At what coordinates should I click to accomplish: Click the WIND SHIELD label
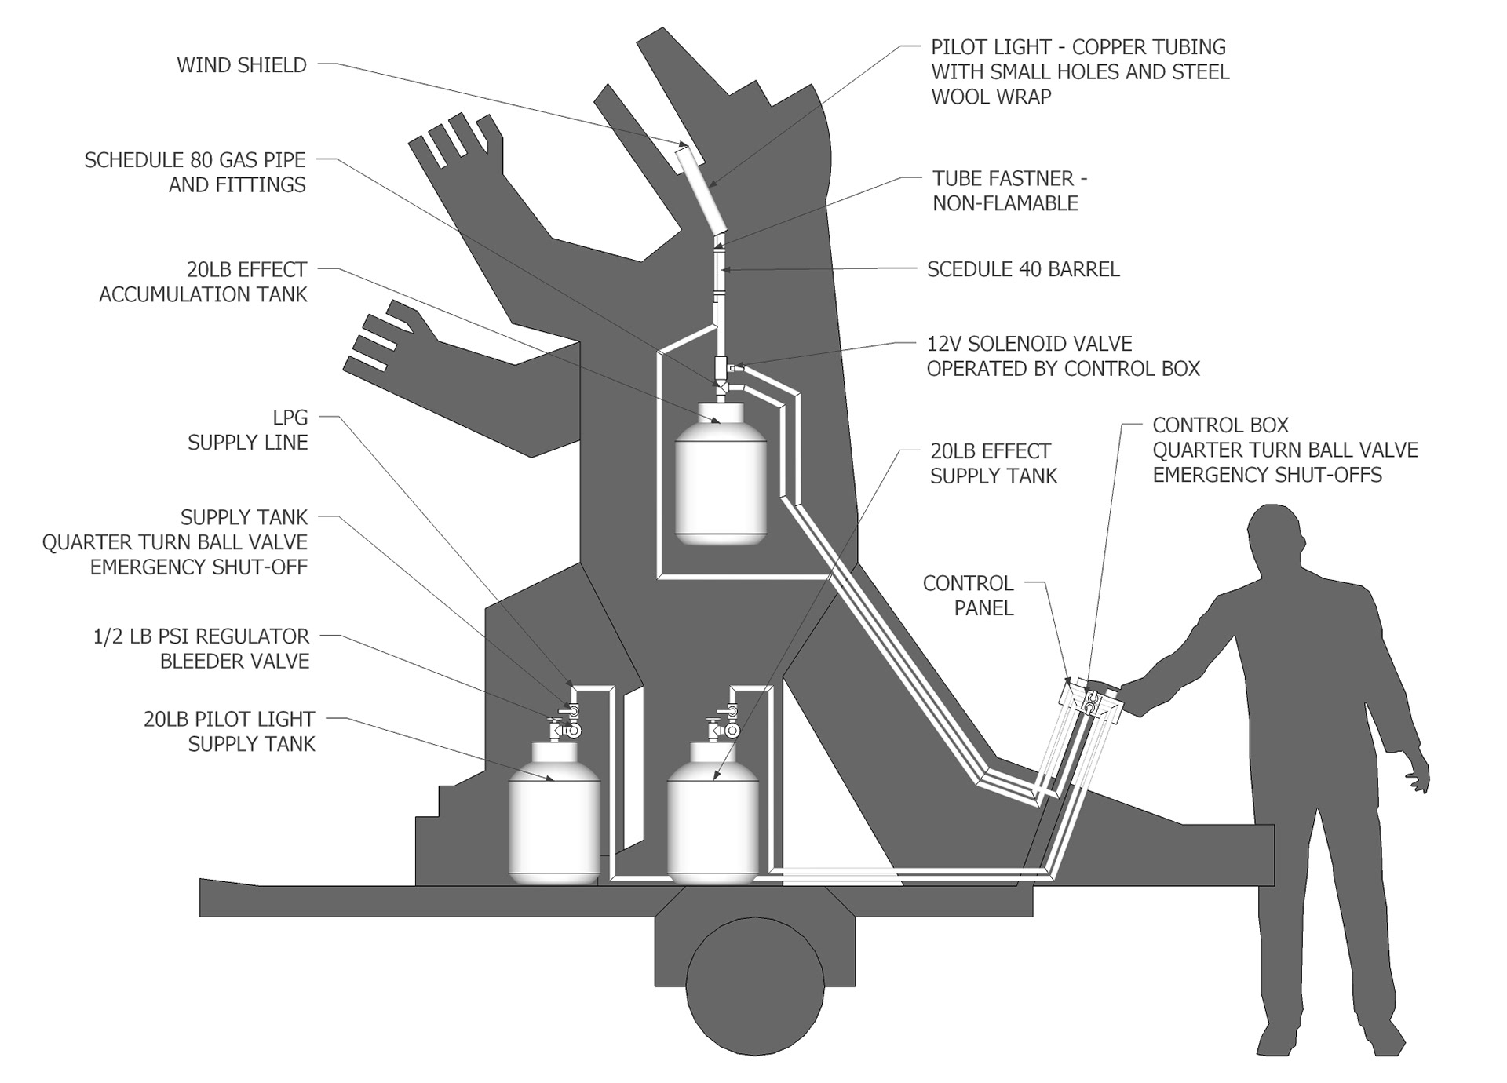241,65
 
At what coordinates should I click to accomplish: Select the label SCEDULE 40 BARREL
1023,270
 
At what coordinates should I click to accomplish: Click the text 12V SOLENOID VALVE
1029,344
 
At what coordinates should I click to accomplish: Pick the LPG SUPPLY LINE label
247,430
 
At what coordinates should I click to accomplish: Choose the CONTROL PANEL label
968,596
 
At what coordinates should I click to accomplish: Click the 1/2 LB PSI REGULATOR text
201,636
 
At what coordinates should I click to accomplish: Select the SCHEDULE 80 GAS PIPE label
195,161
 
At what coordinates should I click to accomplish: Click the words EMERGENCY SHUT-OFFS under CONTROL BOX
1267,476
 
